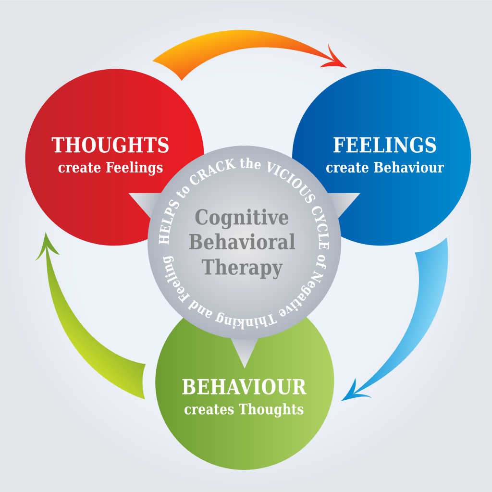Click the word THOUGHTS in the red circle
(x=111, y=145)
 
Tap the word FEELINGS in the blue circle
(x=384, y=145)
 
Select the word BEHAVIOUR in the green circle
(x=244, y=387)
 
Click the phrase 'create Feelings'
(x=111, y=168)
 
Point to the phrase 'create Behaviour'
(x=384, y=168)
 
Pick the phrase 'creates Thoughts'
(x=244, y=409)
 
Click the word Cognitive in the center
(x=242, y=218)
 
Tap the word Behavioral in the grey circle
(x=242, y=242)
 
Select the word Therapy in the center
(x=242, y=267)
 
